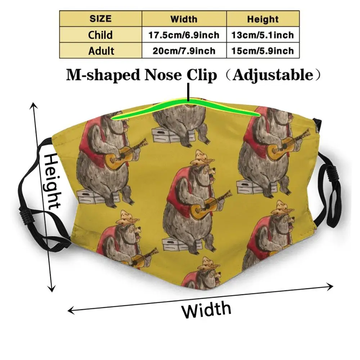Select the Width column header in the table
pos(184,19)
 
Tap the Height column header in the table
pos(263,19)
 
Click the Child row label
pos(100,35)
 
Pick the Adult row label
pos(100,50)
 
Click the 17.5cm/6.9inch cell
pos(184,35)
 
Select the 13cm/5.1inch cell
pos(263,35)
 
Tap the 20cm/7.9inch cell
pos(184,50)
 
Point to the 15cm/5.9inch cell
pos(263,50)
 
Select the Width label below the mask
pos(206,310)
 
